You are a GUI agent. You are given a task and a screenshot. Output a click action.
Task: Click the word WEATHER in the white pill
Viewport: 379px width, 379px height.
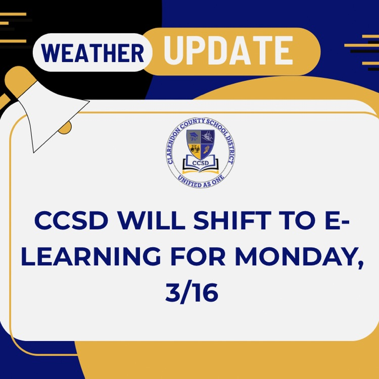[93, 53]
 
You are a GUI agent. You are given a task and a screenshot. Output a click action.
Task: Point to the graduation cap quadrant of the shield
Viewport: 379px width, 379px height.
[194, 136]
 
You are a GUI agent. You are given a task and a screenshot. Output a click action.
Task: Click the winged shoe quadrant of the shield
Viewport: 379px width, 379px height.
[209, 150]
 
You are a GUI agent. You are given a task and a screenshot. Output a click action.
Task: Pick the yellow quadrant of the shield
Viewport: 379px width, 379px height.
[195, 150]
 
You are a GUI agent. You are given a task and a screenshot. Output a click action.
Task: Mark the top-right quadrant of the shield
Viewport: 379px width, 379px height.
[209, 136]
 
